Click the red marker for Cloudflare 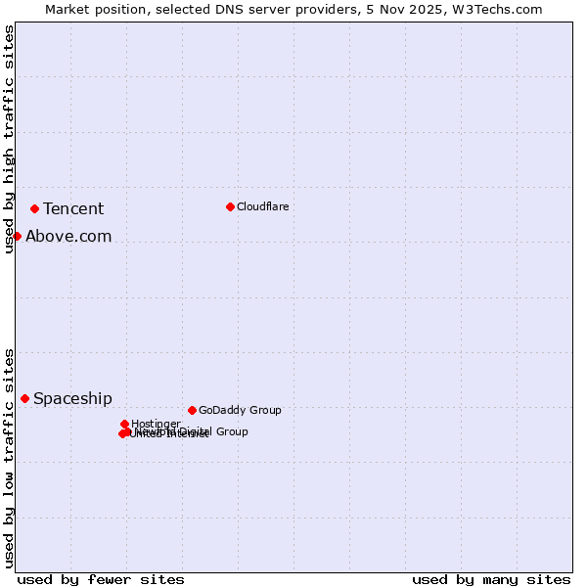pyautogui.click(x=230, y=206)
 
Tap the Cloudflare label pyautogui.click(x=262, y=206)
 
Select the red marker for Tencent pyautogui.click(x=34, y=208)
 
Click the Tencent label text pyautogui.click(x=73, y=208)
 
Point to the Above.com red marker pyautogui.click(x=17, y=236)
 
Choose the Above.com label pyautogui.click(x=68, y=236)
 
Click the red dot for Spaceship pyautogui.click(x=24, y=398)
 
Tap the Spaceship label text pyautogui.click(x=72, y=398)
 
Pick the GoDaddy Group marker pyautogui.click(x=192, y=410)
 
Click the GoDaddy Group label pyautogui.click(x=240, y=410)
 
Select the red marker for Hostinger pyautogui.click(x=124, y=424)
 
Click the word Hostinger pyautogui.click(x=157, y=424)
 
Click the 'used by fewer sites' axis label pyautogui.click(x=101, y=579)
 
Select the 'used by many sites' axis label pyautogui.click(x=491, y=579)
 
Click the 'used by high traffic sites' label pyautogui.click(x=10, y=139)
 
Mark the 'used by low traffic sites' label pyautogui.click(x=10, y=457)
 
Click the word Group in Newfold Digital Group pyautogui.click(x=231, y=431)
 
